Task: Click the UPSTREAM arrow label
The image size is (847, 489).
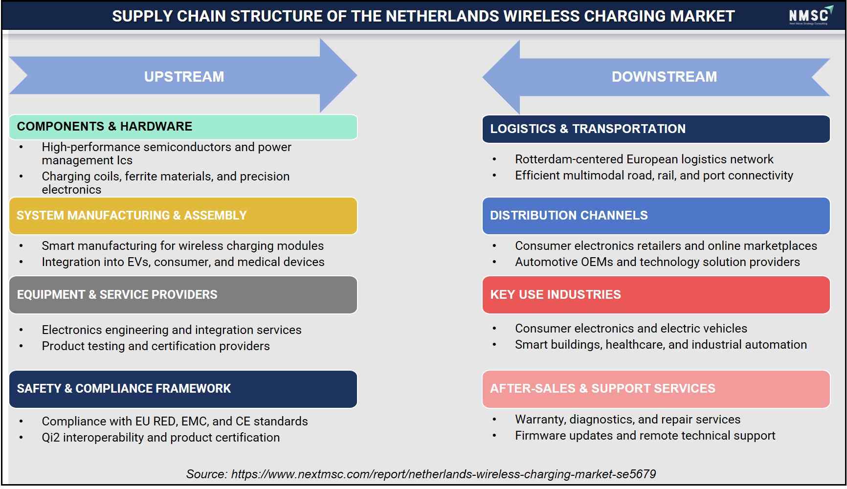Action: (x=184, y=77)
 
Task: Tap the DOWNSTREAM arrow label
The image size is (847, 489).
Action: (x=664, y=77)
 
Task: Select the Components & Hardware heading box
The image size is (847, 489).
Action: (x=183, y=127)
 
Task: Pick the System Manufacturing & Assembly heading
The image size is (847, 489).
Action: (x=183, y=216)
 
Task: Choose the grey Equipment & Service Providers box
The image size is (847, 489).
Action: (x=183, y=295)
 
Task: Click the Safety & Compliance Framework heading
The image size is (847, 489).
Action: (x=183, y=389)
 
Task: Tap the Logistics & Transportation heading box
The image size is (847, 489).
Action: (x=656, y=129)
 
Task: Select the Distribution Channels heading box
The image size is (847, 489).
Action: (x=656, y=216)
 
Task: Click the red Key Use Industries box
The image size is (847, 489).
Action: (x=656, y=295)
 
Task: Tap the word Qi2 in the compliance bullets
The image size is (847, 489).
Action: (x=50, y=438)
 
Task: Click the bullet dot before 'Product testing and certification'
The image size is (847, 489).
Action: (x=21, y=346)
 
